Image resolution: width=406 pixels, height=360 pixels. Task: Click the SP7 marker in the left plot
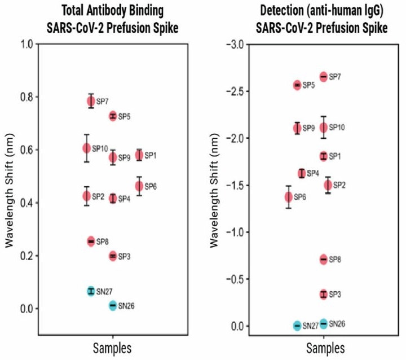pyautogui.click(x=91, y=101)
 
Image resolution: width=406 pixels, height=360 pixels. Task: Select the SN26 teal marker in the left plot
pyautogui.click(x=113, y=305)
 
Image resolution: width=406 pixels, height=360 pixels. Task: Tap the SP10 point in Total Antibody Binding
pyautogui.click(x=86, y=148)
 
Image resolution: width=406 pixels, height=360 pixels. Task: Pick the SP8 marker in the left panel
pyautogui.click(x=91, y=242)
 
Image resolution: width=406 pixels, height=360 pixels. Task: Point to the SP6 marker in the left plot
pyautogui.click(x=139, y=186)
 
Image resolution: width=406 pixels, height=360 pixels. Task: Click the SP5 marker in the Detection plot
pyautogui.click(x=297, y=85)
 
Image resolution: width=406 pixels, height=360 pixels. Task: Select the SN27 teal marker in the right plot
pyautogui.click(x=297, y=326)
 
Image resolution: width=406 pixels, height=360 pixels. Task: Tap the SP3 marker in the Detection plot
pyautogui.click(x=324, y=294)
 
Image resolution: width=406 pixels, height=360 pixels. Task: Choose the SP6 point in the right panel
pyautogui.click(x=289, y=196)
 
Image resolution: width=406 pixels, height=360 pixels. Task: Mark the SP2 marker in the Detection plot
pyautogui.click(x=328, y=185)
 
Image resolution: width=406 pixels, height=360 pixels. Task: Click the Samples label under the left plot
pyautogui.click(x=112, y=345)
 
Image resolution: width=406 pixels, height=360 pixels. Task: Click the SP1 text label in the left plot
pyautogui.click(x=150, y=155)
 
